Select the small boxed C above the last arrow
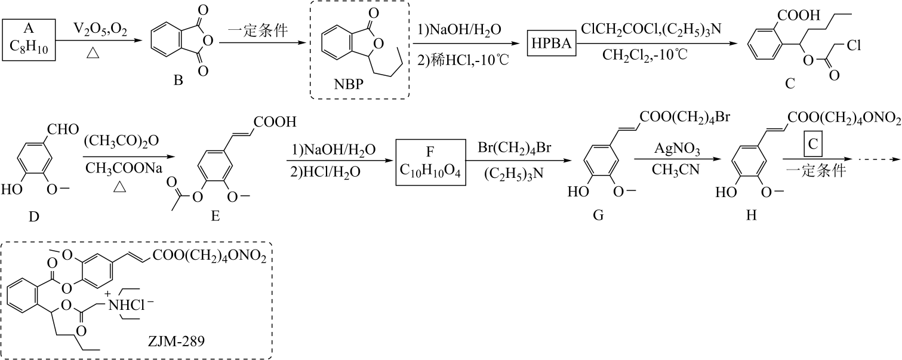812,147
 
